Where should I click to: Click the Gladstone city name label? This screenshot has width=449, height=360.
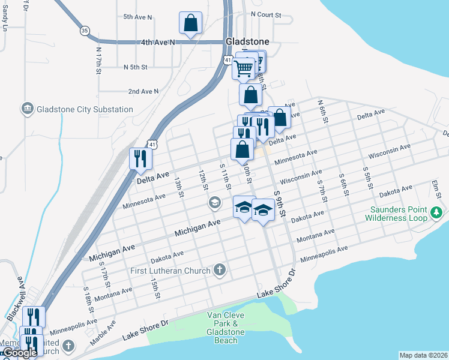pos(247,41)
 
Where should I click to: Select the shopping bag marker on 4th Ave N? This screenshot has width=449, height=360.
pos(190,24)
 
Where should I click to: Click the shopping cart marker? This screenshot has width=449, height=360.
pos(244,69)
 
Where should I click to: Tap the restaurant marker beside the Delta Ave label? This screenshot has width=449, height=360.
pos(140,159)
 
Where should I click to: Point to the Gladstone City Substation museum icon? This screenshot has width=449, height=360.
pos(26,109)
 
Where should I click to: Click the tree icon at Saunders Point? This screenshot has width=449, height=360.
pos(436,213)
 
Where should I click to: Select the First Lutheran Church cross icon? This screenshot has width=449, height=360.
pos(220,271)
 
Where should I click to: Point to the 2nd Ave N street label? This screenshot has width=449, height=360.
pos(143,91)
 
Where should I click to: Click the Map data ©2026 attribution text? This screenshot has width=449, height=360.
pos(423,355)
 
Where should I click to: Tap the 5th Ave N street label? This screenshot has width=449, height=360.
pos(137,17)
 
